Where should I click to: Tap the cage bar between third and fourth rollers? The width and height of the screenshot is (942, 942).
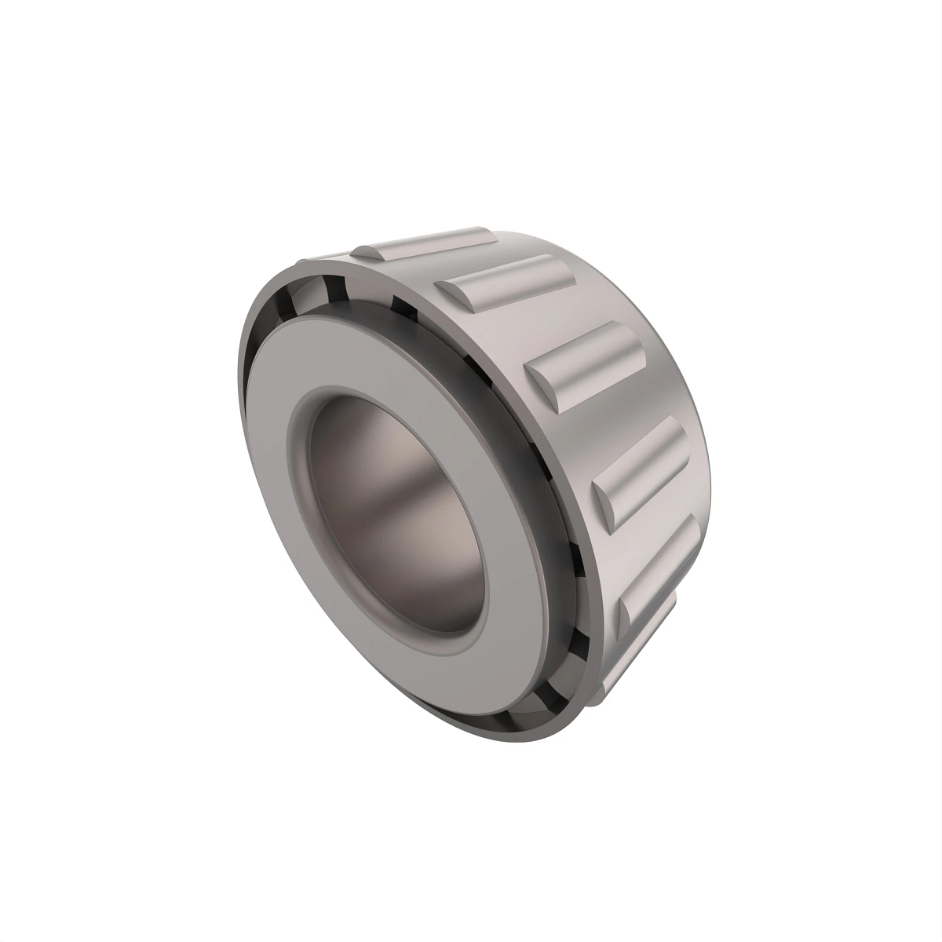pos(628,392)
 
